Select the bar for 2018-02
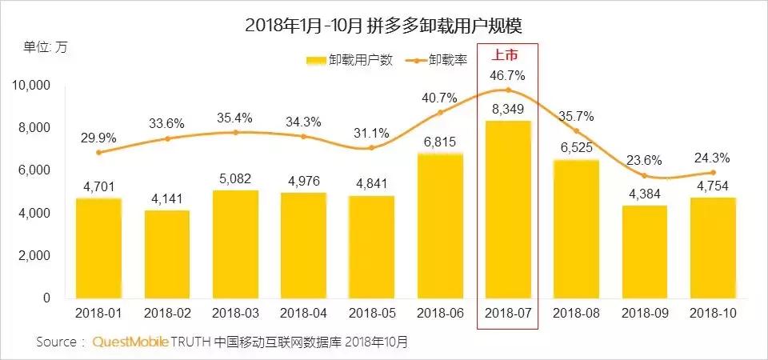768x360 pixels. [x=166, y=254]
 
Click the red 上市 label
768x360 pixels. [x=507, y=56]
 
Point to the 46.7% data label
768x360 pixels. [x=507, y=75]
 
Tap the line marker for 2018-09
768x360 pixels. [x=645, y=176]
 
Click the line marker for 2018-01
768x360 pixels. [x=98, y=152]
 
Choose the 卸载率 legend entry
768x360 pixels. [x=437, y=60]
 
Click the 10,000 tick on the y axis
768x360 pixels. [x=31, y=86]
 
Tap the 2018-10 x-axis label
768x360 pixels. [x=713, y=312]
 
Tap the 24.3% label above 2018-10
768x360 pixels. [x=713, y=157]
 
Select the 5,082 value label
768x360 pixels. [x=234, y=179]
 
